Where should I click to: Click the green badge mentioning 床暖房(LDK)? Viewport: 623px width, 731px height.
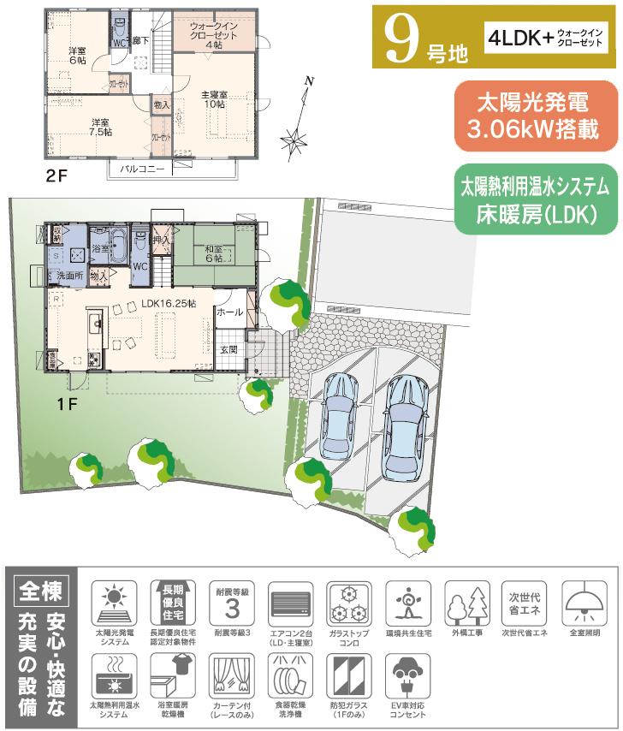tap(535, 199)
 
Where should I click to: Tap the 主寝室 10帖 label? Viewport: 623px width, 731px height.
tap(213, 98)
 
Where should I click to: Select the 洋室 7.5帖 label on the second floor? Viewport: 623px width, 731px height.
tap(100, 128)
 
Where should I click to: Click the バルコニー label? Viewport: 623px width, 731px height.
tap(142, 169)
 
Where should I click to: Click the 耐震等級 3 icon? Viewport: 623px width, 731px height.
tap(231, 609)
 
